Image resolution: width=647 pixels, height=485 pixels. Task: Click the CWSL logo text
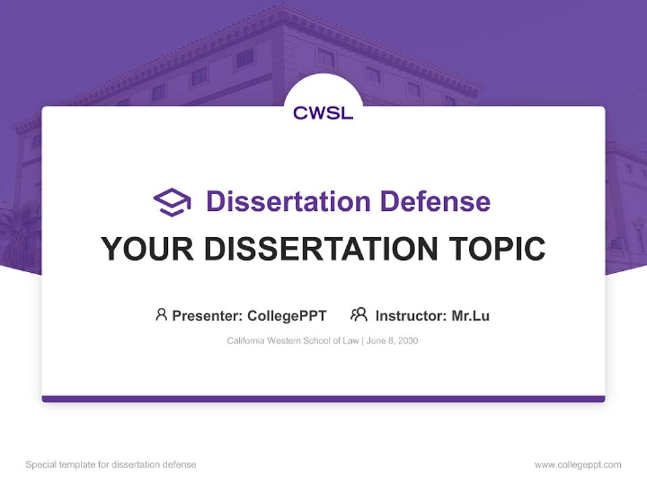pyautogui.click(x=323, y=113)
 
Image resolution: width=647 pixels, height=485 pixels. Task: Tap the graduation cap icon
pyautogui.click(x=172, y=201)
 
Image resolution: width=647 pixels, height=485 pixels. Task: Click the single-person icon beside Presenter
pyautogui.click(x=161, y=315)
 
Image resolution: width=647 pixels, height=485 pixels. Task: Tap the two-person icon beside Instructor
pyautogui.click(x=359, y=315)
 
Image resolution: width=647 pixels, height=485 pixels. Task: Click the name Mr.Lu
pyautogui.click(x=470, y=315)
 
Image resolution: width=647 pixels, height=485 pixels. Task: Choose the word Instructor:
pyautogui.click(x=410, y=315)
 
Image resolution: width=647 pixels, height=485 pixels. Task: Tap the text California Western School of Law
pyautogui.click(x=292, y=341)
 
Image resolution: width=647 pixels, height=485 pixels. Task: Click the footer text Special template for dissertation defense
pyautogui.click(x=111, y=465)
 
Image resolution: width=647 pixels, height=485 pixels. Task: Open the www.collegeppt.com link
pyautogui.click(x=578, y=465)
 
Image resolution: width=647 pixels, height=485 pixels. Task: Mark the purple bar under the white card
pyautogui.click(x=323, y=399)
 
